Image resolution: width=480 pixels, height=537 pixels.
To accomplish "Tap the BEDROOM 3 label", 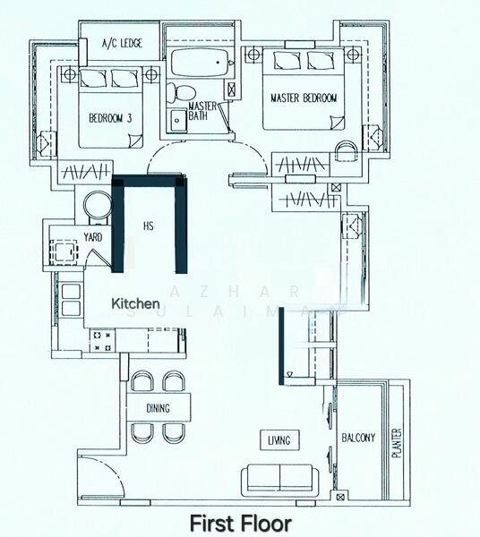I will coord(110,117).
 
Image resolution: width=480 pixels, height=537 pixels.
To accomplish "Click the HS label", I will coord(150,227).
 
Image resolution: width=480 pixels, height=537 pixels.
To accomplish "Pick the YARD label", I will coord(92,237).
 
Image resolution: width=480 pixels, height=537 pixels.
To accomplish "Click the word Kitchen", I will coord(135,304).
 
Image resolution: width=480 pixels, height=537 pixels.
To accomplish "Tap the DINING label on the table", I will coord(159,408).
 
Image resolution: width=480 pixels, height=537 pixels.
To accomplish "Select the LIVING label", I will coord(284,439).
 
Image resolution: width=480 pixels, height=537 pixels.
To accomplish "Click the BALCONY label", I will coord(358,438).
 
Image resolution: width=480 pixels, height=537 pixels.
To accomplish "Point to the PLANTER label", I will coord(397,443).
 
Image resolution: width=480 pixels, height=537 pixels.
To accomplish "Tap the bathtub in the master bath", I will coord(197,64).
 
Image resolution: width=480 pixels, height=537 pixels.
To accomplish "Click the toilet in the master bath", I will coord(180,93).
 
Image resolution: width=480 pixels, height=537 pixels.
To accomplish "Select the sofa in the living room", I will coord(279,478).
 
